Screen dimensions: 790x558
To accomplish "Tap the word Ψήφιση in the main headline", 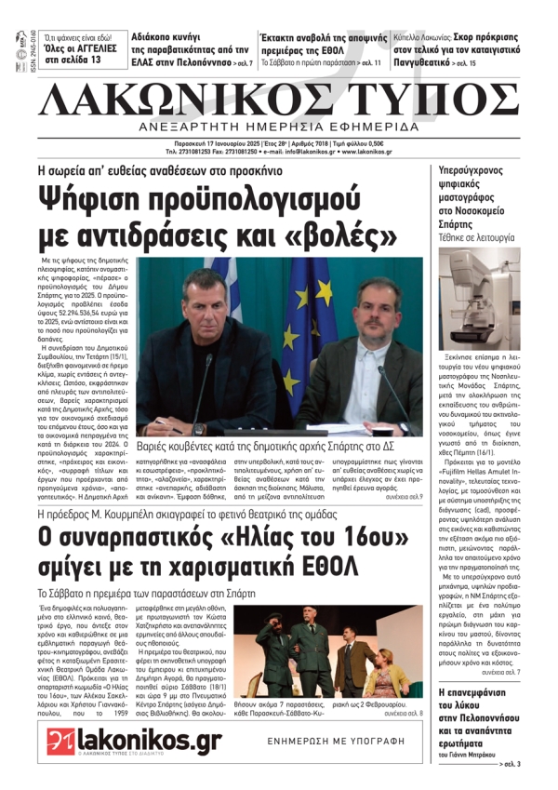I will point(103,199).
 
